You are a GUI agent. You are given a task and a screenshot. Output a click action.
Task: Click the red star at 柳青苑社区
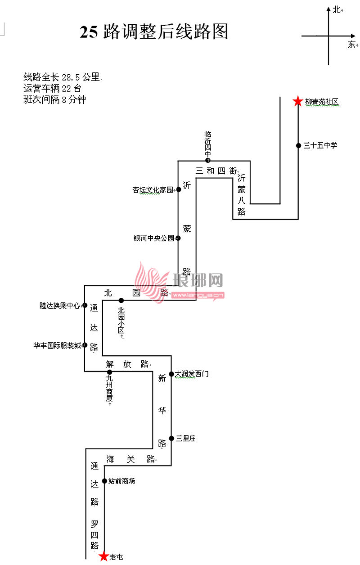[x=297, y=102]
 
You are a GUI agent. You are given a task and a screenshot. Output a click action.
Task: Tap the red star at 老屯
[x=104, y=557]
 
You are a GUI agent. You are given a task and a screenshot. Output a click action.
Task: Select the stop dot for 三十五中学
[x=298, y=145]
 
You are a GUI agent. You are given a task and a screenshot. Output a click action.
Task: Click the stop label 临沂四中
[x=208, y=144]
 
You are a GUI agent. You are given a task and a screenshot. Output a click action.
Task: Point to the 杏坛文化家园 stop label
[x=153, y=190]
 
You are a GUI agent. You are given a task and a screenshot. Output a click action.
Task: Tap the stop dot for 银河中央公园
[x=178, y=238]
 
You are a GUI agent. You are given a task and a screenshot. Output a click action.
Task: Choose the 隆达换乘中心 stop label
[x=60, y=305]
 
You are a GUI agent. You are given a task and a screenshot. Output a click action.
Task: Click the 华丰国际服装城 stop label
[x=57, y=345]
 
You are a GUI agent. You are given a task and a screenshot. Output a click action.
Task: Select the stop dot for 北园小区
[x=121, y=300]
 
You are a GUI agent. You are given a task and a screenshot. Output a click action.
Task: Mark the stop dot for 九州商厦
[x=109, y=372]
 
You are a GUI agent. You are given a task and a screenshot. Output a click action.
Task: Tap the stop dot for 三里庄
[x=171, y=438]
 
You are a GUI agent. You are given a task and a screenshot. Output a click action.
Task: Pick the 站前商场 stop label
[x=121, y=481]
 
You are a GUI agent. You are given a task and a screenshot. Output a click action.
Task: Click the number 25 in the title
[x=89, y=32]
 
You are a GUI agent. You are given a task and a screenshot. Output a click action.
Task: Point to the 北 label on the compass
[x=336, y=9]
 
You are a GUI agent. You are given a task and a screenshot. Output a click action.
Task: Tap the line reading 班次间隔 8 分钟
[x=54, y=100]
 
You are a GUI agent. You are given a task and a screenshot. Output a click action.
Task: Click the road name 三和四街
[x=216, y=170]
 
